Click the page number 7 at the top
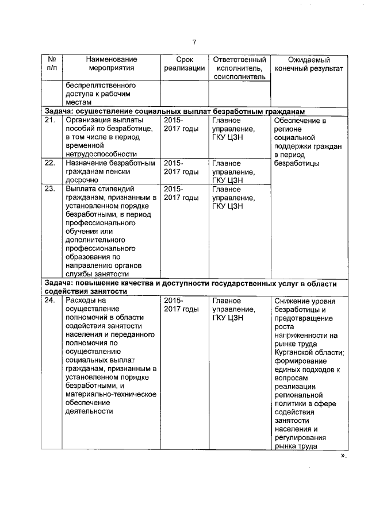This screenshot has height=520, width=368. [194, 42]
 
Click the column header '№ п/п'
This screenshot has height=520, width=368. [52, 64]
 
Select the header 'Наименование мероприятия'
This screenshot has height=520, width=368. [112, 64]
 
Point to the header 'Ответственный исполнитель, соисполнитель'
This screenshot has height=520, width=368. [239, 68]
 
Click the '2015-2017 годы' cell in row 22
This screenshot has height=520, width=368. [181, 167]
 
